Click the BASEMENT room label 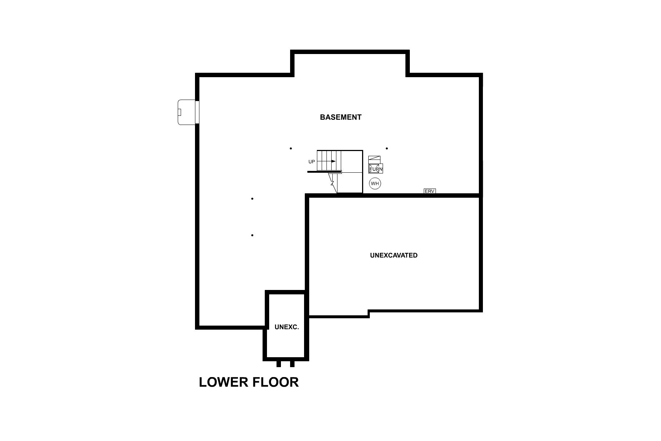(340, 117)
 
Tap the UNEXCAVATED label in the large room (394, 255)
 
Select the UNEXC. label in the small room (286, 327)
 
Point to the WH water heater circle (375, 183)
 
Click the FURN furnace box (376, 169)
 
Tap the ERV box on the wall (430, 191)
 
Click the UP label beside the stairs (311, 162)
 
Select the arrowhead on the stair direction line (333, 161)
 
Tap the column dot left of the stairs (291, 148)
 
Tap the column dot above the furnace (387, 148)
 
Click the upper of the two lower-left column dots (252, 199)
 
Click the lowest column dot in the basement (252, 235)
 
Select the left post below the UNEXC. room (279, 364)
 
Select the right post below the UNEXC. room (292, 364)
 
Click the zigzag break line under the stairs (332, 183)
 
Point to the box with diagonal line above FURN (374, 159)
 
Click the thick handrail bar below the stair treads (325, 172)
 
